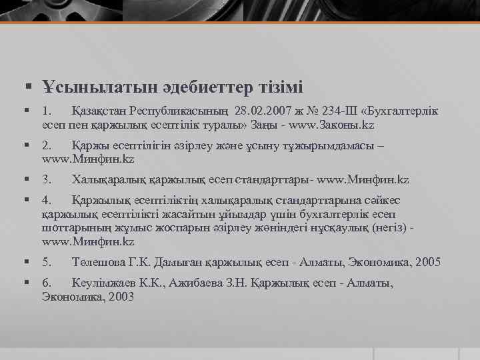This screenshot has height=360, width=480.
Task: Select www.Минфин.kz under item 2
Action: click(88, 159)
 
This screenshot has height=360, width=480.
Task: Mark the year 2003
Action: click(119, 297)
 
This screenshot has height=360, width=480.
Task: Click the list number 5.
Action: click(46, 262)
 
